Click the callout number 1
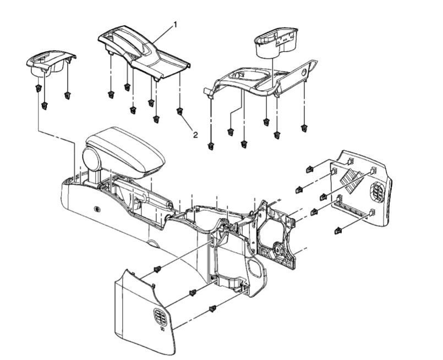click(175, 25)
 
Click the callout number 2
click(195, 135)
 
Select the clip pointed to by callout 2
click(179, 111)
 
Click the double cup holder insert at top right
click(276, 42)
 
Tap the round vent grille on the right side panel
click(377, 192)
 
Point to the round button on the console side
click(97, 209)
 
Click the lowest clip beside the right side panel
click(338, 231)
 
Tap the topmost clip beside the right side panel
click(310, 169)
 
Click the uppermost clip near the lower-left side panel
click(157, 269)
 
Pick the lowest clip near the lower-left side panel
click(213, 309)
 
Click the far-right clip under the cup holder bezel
click(304, 128)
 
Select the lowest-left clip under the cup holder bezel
click(210, 146)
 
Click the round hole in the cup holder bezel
click(304, 72)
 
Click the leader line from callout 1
click(163, 35)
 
